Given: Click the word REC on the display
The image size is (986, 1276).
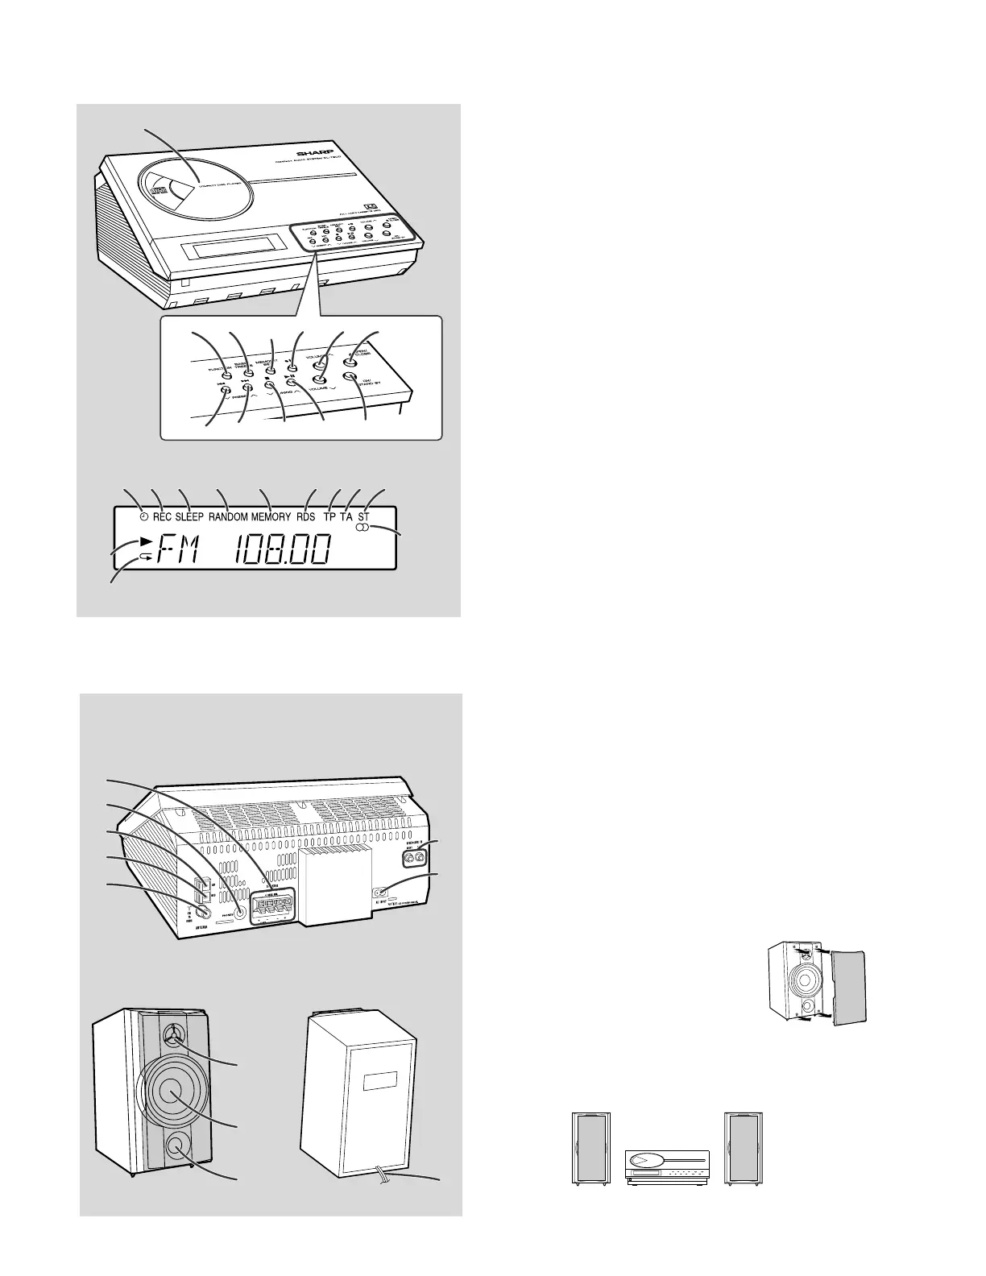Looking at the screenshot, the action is click(162, 517).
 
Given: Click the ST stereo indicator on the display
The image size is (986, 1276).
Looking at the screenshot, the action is click(363, 516).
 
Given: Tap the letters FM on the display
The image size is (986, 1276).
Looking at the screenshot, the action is click(181, 552).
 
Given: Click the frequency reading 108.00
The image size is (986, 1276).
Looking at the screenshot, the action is click(282, 552).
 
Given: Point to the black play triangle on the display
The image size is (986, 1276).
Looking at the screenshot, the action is click(145, 540).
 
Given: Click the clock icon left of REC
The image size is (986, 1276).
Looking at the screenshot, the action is click(143, 517).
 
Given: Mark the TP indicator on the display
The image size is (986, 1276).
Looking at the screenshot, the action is click(329, 517).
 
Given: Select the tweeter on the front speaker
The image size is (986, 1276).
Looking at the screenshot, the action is click(175, 1035).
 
